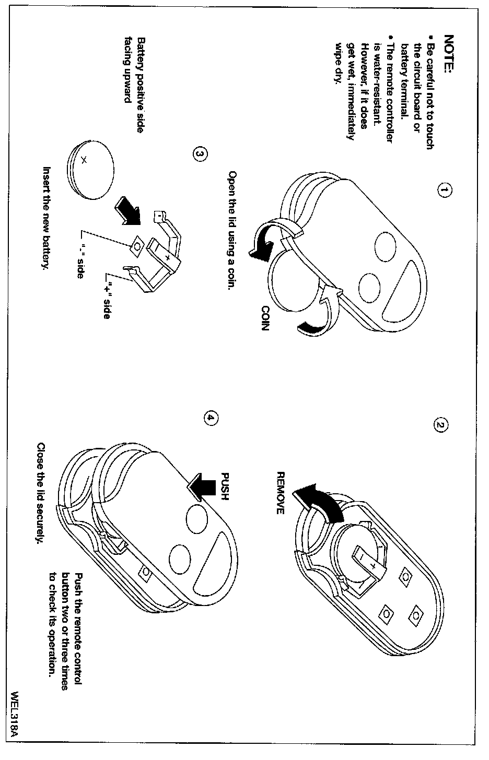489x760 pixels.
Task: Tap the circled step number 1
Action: [x=443, y=191]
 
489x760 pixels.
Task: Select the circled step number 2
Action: [x=440, y=425]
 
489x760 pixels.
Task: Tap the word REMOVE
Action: [x=280, y=493]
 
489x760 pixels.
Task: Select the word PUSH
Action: [x=225, y=486]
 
